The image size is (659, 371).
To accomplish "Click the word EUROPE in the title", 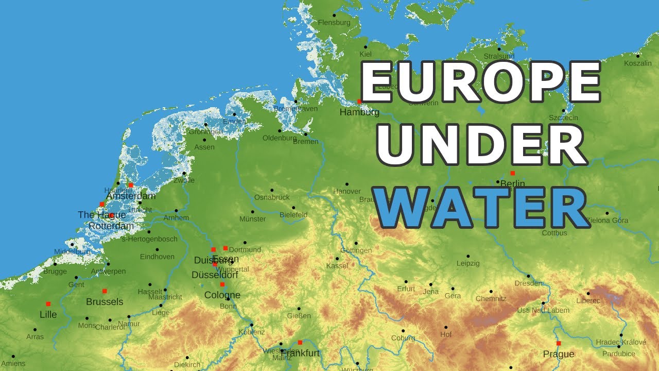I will (x=480, y=83).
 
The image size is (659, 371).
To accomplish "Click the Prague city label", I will (x=559, y=354).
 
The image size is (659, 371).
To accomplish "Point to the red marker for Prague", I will (x=559, y=343).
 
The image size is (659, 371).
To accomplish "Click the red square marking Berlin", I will (x=512, y=173).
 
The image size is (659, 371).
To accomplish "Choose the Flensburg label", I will (x=334, y=23).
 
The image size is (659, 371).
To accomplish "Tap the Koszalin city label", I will (x=637, y=63).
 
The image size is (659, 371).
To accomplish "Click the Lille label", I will (x=48, y=314).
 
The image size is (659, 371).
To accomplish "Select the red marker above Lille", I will (x=48, y=304).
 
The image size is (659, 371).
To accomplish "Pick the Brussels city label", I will (x=105, y=302).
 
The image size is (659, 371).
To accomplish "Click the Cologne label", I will (x=222, y=295).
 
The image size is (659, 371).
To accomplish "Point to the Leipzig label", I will (x=467, y=263).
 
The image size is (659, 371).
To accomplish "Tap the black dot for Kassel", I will (x=337, y=259).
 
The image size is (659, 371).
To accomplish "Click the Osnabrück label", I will (x=272, y=197).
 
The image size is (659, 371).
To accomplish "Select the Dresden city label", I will (x=528, y=283).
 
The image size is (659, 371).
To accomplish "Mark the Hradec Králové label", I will (x=620, y=342).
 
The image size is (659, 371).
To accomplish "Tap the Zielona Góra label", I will (x=608, y=221).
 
